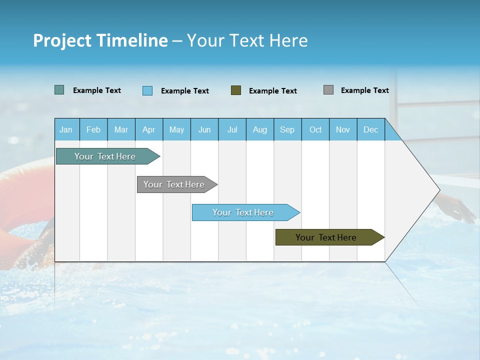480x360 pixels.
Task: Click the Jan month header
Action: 66,129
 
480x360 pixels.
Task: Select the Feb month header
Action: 93,129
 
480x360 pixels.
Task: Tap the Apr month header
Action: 148,129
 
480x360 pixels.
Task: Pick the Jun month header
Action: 204,129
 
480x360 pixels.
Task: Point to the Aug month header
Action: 260,129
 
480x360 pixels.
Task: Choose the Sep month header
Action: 287,129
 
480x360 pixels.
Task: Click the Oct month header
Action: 315,129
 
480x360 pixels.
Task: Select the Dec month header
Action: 371,129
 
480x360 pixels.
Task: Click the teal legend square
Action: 59,90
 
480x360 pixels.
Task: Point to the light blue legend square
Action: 147,90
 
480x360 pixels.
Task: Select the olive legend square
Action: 236,90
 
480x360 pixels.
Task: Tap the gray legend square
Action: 328,90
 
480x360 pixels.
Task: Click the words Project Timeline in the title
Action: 100,40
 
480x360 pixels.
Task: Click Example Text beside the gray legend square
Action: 364,90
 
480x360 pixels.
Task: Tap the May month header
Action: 176,129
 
